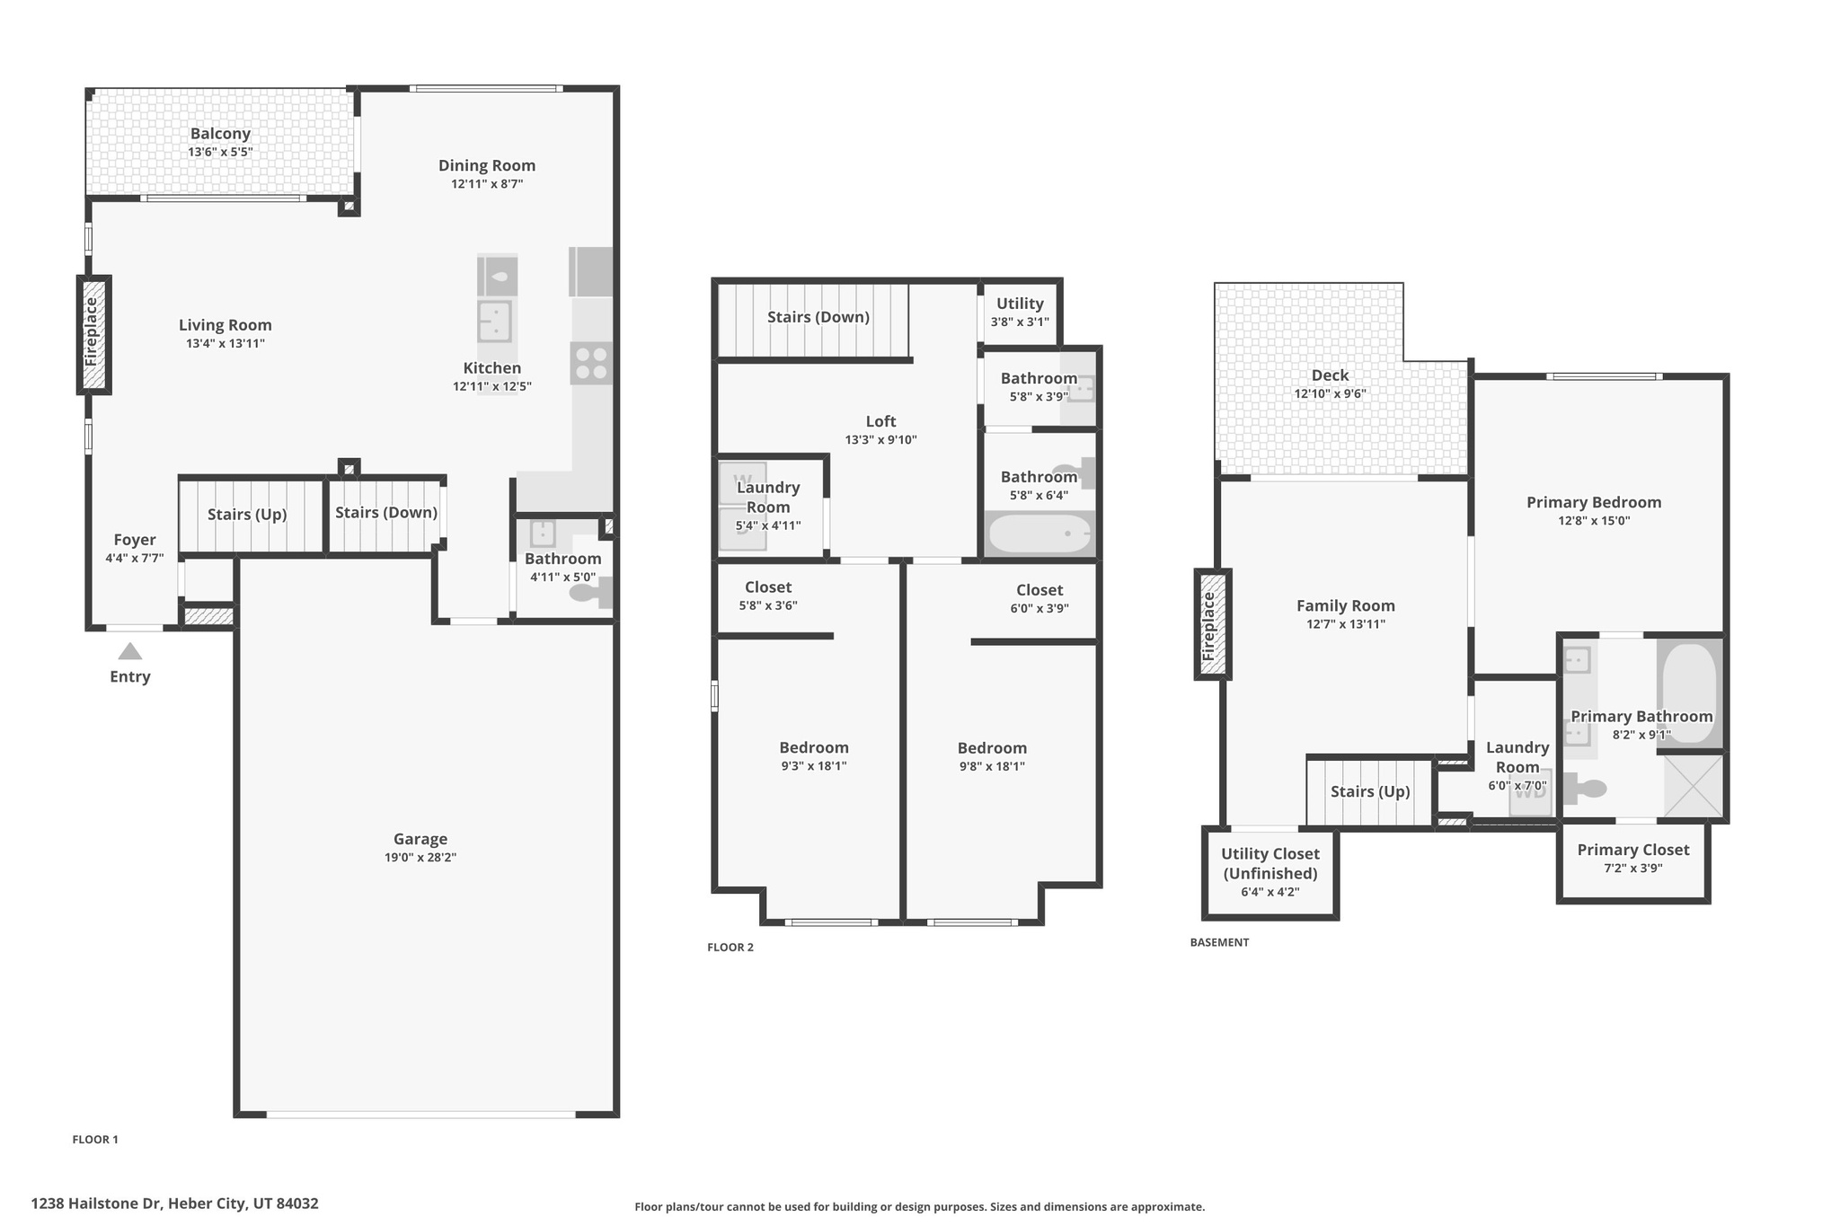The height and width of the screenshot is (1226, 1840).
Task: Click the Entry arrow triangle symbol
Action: [x=130, y=651]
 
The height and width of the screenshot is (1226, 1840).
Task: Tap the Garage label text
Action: [x=420, y=839]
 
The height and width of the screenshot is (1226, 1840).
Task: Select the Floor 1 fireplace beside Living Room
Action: [x=93, y=334]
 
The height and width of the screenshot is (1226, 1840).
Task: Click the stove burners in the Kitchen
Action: [x=591, y=363]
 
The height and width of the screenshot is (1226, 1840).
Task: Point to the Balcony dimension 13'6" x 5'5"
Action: [x=220, y=153]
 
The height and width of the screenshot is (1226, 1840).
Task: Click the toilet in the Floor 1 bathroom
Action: [x=591, y=593]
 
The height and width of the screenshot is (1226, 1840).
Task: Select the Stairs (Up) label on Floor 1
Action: [x=247, y=515]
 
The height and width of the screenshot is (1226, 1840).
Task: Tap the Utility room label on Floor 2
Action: [x=1020, y=304]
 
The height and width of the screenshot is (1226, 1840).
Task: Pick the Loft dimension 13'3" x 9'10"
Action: [x=880, y=440]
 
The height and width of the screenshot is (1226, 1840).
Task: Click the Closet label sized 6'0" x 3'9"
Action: [x=1039, y=590]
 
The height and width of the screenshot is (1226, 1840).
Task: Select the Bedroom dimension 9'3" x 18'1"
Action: [x=813, y=766]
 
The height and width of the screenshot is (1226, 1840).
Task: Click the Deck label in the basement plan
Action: [x=1330, y=375]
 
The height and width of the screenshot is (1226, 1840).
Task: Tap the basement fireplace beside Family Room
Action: [x=1211, y=624]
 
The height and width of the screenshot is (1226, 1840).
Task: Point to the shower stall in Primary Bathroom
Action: [x=1693, y=786]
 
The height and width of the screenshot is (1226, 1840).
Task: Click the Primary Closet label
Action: [x=1632, y=850]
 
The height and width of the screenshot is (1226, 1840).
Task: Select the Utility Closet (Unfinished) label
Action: [x=1269, y=863]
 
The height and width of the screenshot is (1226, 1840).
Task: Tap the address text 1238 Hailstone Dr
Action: [x=174, y=1204]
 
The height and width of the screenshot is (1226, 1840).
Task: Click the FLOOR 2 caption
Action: [x=730, y=947]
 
